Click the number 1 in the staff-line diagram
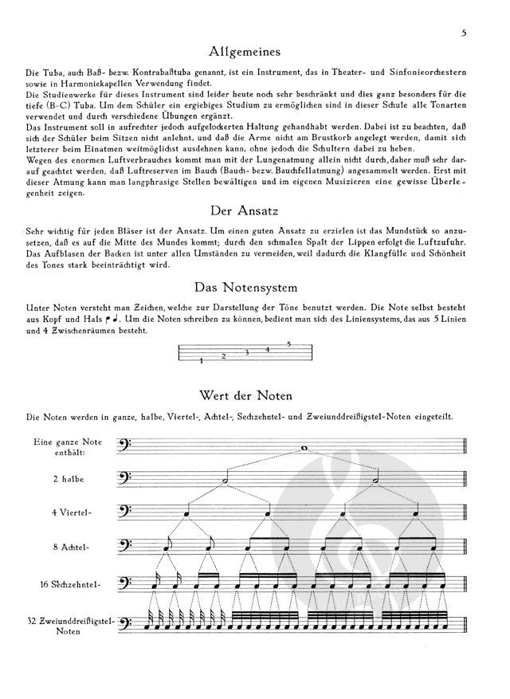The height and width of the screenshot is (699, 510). coord(202,361)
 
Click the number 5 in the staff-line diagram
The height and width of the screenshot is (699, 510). coord(288,344)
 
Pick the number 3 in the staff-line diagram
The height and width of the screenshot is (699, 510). coord(246,352)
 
